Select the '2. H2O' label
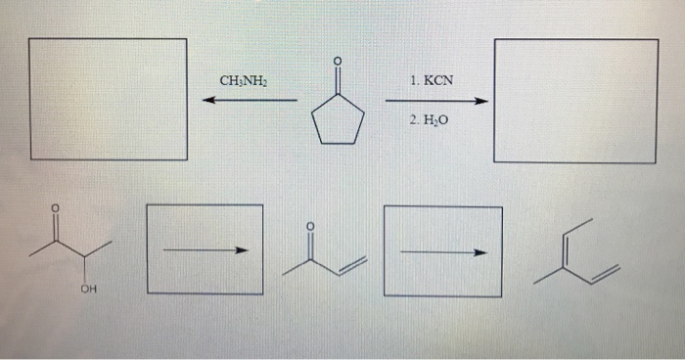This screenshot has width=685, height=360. click(431, 122)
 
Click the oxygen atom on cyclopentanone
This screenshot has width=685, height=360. click(338, 62)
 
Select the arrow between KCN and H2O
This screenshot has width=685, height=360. click(435, 101)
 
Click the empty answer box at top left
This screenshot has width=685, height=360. click(108, 99)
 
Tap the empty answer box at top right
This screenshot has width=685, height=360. click(575, 100)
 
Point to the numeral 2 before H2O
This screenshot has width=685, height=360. click(415, 122)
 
